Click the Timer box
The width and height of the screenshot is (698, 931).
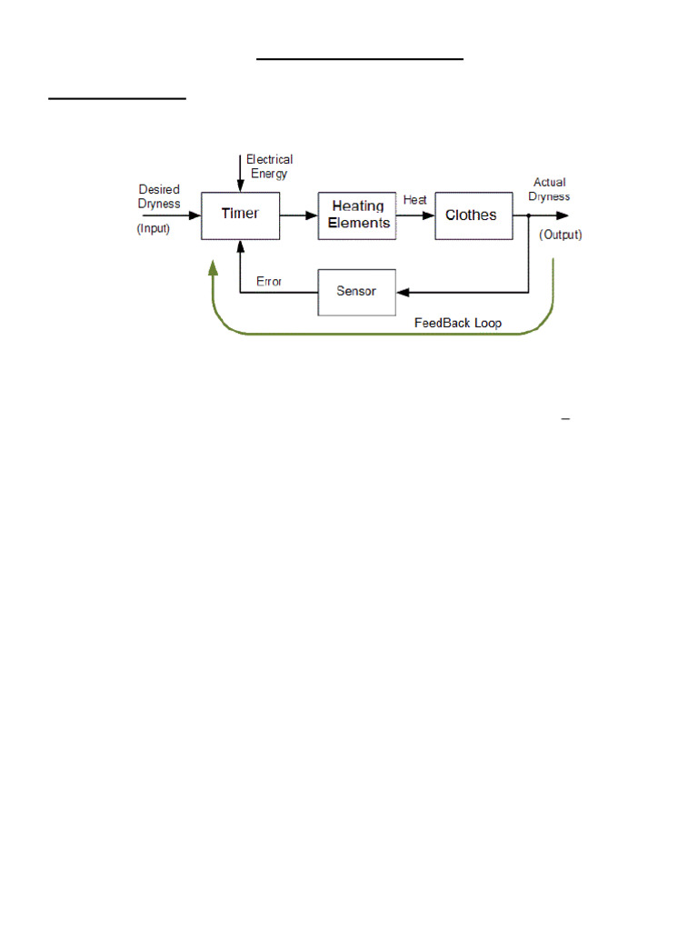pos(240,215)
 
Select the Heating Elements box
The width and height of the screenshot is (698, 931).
pos(357,215)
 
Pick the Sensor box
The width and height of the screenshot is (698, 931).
pos(356,292)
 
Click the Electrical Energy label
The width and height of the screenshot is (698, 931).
pos(269,166)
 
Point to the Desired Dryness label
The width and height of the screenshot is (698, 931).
pos(159,196)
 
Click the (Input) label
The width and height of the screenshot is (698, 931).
pos(154,229)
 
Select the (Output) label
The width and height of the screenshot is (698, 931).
pos(561,235)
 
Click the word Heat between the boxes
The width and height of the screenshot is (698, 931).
pos(415,200)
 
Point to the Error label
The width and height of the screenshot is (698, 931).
pos(269,282)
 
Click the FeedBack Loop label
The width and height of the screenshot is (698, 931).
pos(457,323)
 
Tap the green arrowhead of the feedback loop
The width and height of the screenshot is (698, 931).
pos(213,265)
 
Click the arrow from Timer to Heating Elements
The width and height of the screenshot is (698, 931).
pos(298,215)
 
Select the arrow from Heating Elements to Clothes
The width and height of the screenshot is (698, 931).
pos(415,215)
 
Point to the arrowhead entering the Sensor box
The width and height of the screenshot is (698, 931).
pos(403,292)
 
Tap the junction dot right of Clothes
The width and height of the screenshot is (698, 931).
pos(529,215)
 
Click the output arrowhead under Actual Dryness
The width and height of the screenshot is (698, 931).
pos(563,215)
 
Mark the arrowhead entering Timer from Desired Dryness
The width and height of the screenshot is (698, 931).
pos(194,215)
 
